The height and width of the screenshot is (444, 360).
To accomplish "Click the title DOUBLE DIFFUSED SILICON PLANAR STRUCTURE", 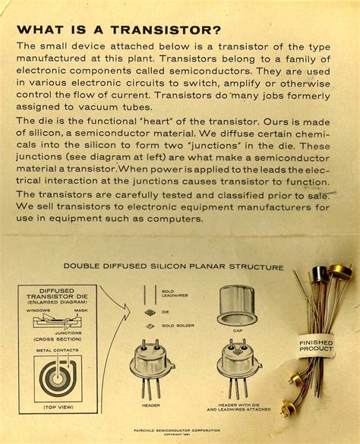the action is [x=174, y=267].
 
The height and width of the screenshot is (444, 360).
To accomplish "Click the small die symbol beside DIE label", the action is [x=150, y=312].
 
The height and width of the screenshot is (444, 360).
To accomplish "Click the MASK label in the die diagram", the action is [x=81, y=311].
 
